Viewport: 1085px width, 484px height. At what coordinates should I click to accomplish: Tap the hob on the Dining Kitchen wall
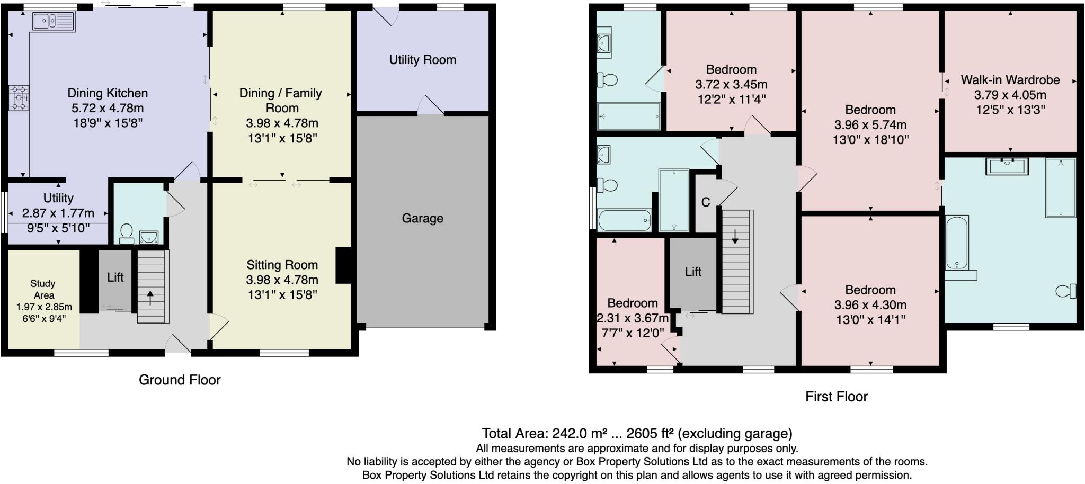pos(19,98)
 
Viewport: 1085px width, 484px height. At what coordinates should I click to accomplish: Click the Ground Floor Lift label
pos(115,277)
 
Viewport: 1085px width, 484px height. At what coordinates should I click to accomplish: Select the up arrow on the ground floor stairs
pos(150,298)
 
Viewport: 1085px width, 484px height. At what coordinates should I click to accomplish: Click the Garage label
pos(422,218)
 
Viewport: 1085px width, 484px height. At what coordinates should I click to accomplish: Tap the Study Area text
pos(43,290)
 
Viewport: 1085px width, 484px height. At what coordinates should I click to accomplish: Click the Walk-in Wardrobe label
pos(1010,80)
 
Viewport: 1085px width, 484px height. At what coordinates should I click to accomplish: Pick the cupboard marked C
pos(706,202)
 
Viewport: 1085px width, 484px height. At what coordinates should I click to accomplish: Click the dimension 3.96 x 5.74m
pos(870,125)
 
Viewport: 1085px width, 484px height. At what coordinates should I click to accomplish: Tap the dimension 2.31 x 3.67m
pos(633,318)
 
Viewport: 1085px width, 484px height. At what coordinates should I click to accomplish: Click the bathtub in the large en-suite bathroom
pos(957,243)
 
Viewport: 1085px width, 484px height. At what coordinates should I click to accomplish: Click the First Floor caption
pos(836,397)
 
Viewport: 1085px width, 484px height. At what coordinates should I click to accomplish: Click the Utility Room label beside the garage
pos(422,60)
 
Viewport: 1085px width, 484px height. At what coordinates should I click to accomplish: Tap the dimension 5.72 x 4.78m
pos(108,109)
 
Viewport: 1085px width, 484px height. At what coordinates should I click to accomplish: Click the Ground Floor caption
pos(179,380)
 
